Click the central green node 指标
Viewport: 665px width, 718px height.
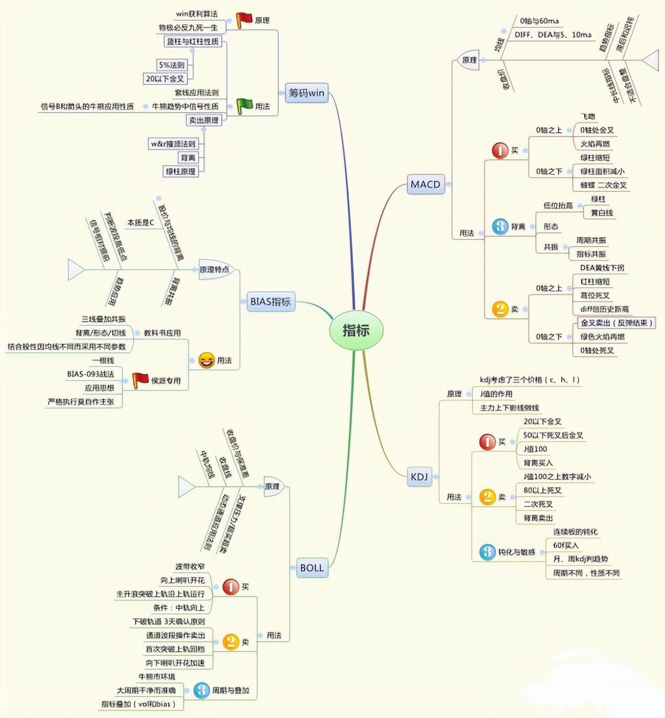356,330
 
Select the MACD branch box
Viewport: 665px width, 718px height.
425,184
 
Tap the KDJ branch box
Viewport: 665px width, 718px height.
419,476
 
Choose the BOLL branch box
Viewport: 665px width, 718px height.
312,568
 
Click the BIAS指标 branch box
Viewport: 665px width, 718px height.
270,301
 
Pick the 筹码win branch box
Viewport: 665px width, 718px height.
306,93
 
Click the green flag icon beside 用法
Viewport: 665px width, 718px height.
244,106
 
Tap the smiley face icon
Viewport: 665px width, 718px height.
207,360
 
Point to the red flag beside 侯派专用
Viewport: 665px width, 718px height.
140,380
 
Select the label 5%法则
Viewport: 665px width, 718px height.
171,65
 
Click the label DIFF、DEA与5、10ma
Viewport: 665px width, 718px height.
552,35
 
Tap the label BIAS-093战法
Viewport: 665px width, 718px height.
90,374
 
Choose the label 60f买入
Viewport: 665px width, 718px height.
565,545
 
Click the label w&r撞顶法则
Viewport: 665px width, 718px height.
173,144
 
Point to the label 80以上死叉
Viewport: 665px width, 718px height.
542,490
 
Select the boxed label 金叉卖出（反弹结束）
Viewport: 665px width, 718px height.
616,323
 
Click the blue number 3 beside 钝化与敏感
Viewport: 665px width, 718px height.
487,551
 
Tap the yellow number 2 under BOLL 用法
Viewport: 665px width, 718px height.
231,641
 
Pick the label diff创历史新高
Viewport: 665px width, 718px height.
604,309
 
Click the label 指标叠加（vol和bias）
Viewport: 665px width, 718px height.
138,704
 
